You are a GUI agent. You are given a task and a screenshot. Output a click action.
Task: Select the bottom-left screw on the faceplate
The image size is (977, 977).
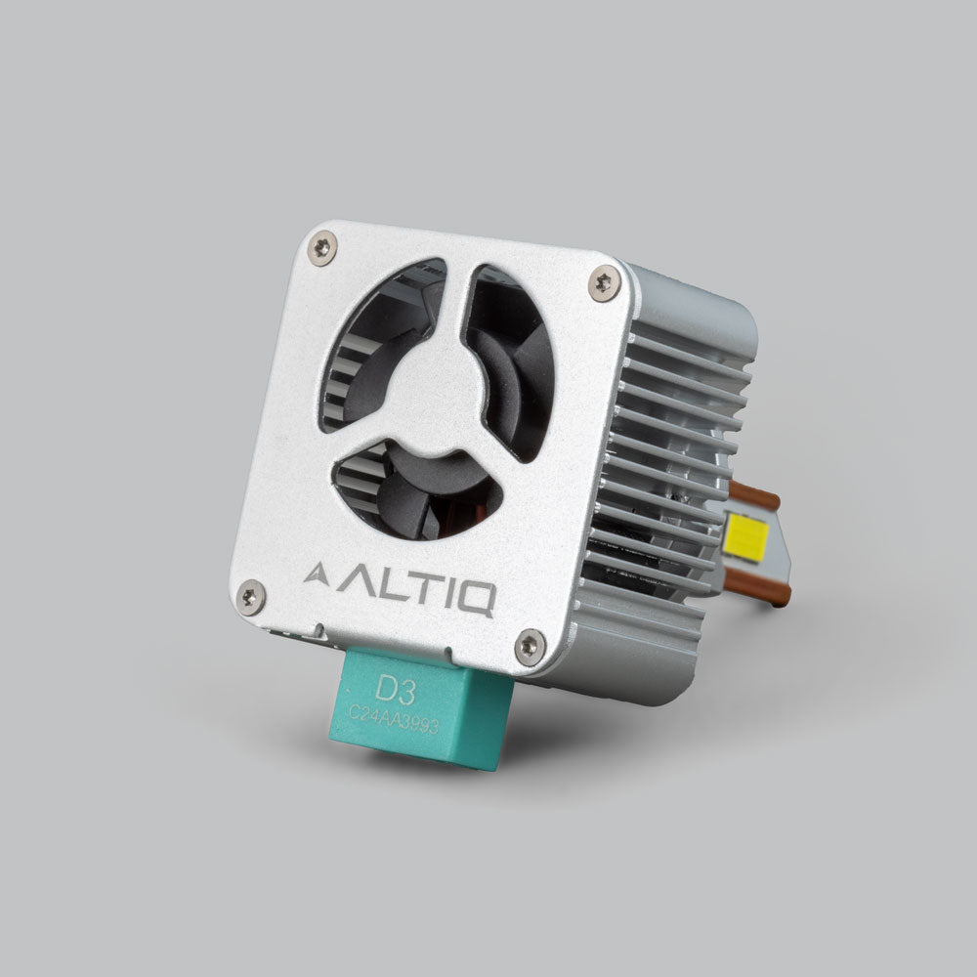tap(251, 594)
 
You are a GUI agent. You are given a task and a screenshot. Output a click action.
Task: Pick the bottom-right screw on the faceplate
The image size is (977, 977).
tap(530, 643)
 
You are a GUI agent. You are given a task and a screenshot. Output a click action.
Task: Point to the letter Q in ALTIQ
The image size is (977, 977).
tap(476, 598)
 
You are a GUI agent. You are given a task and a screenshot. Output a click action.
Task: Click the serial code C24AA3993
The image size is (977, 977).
tap(390, 721)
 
